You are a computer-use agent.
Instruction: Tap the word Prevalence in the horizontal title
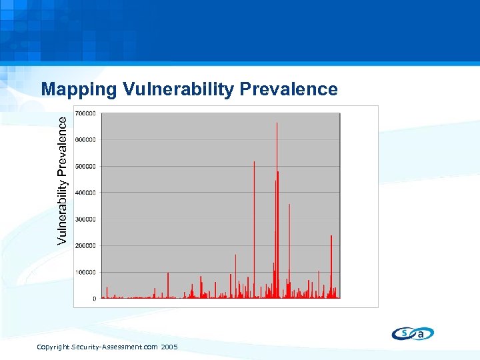(x=287, y=89)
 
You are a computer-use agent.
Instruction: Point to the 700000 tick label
(x=85, y=113)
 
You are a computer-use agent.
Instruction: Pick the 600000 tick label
(x=85, y=140)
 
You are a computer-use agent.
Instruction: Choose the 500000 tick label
(x=85, y=166)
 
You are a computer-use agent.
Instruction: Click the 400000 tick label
(x=85, y=193)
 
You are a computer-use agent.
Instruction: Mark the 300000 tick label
(x=85, y=219)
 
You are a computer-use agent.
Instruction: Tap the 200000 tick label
(x=85, y=246)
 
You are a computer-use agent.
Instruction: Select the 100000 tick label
(x=85, y=272)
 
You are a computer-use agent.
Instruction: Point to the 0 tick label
(x=94, y=299)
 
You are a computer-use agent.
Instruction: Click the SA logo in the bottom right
(x=413, y=333)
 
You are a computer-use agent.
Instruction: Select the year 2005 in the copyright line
(x=169, y=347)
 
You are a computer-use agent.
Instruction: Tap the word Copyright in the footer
(x=53, y=347)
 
